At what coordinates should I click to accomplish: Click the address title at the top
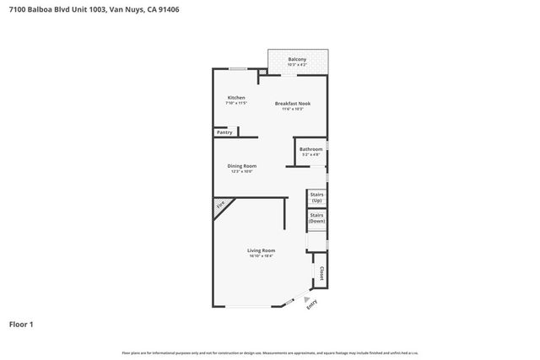click(94, 10)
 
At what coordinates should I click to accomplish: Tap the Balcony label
click(297, 59)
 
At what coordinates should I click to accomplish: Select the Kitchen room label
click(236, 98)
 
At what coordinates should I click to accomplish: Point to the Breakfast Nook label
click(293, 103)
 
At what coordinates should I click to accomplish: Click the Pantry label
click(224, 132)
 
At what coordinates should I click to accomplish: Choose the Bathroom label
click(311, 149)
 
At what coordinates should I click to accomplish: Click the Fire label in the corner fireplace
click(221, 205)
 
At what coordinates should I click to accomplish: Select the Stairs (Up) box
click(316, 198)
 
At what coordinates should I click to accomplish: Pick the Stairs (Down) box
click(316, 218)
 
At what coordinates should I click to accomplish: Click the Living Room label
click(262, 250)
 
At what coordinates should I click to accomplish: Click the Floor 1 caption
click(21, 324)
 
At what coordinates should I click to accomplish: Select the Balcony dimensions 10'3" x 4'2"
click(297, 65)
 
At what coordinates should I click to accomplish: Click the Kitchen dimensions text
click(236, 104)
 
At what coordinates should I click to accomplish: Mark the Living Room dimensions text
click(262, 255)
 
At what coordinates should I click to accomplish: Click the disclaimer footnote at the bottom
click(270, 352)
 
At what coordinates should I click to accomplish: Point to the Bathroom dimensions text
click(311, 155)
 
